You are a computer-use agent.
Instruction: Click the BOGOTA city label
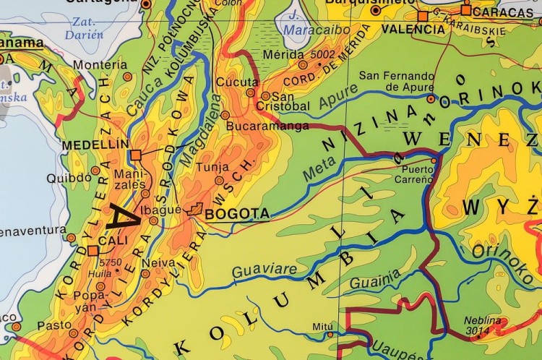[x=237, y=214]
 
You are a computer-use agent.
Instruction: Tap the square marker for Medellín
[x=135, y=155]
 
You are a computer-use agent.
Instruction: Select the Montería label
[x=100, y=65]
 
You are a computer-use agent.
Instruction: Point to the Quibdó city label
[x=69, y=178]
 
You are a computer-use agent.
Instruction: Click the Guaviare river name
[x=256, y=271]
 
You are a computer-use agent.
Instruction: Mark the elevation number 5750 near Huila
[x=112, y=262]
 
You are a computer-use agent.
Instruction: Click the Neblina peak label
[x=482, y=319]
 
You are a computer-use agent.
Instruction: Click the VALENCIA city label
[x=413, y=30]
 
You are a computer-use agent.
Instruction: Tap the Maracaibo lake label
[x=317, y=30]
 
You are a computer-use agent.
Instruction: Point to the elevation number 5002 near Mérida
[x=322, y=54]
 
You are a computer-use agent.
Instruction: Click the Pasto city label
[x=55, y=325]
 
